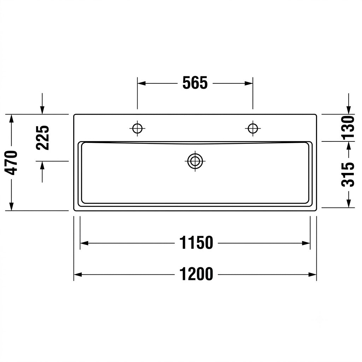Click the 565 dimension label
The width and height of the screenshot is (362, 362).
pyautogui.click(x=195, y=83)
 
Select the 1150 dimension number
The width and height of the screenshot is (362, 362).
pyautogui.click(x=196, y=243)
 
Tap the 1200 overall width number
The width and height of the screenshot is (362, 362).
pyautogui.click(x=196, y=274)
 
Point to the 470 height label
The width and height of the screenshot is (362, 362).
pyautogui.click(x=11, y=163)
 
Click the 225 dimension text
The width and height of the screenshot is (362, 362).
pyautogui.click(x=43, y=138)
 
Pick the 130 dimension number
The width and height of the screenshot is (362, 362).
pyautogui.click(x=348, y=128)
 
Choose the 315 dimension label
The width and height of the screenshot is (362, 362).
pyautogui.click(x=348, y=175)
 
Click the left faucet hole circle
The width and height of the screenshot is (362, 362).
pyautogui.click(x=138, y=128)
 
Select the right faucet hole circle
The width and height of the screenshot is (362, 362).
pyautogui.click(x=253, y=128)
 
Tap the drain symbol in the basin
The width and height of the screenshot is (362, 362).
pyautogui.click(x=195, y=161)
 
